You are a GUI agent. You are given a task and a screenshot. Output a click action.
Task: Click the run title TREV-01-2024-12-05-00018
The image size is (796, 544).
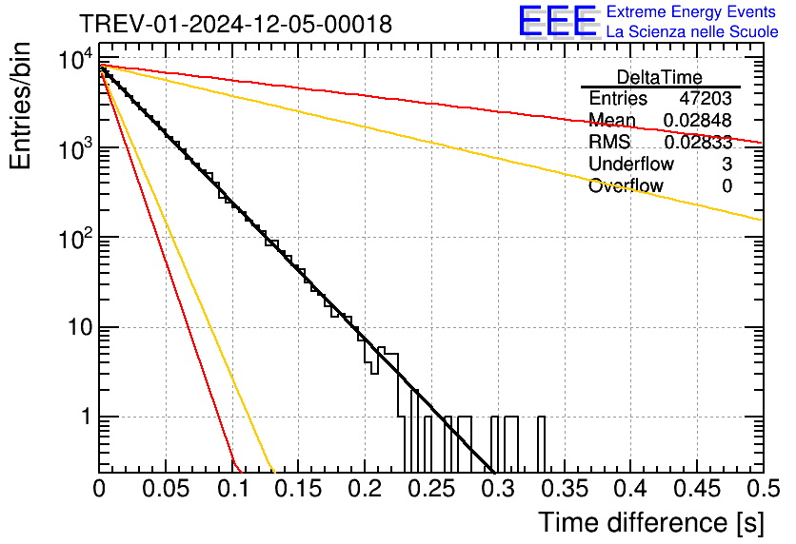[235, 25]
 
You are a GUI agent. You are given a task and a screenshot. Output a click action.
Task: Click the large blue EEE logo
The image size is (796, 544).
[557, 21]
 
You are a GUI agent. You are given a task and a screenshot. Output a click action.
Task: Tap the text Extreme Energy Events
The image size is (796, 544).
[692, 12]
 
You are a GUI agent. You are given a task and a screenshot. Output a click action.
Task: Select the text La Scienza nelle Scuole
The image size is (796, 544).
[692, 31]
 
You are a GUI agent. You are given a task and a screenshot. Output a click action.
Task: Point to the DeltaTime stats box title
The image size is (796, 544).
[659, 77]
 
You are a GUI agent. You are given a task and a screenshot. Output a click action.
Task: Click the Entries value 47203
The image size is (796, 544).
[706, 99]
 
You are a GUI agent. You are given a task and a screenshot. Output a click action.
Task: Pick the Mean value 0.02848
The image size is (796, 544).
[698, 121]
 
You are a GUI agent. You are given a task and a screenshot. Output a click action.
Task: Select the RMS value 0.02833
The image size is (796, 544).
[698, 143]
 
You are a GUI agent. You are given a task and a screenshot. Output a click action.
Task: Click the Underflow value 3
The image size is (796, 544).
[726, 165]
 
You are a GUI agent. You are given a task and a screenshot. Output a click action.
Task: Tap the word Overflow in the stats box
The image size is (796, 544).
[626, 186]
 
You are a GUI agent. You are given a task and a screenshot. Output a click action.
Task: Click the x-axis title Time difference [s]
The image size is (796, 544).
[650, 522]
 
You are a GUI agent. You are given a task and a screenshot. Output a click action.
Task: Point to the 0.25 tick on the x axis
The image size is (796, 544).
[430, 489]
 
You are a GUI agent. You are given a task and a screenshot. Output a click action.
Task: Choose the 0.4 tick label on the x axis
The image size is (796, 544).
[628, 489]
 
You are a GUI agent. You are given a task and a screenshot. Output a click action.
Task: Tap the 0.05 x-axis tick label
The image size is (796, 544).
[166, 489]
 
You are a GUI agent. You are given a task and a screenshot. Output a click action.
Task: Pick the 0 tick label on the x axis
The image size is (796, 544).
[99, 489]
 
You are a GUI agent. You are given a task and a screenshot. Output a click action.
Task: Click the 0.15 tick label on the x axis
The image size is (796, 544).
[298, 489]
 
